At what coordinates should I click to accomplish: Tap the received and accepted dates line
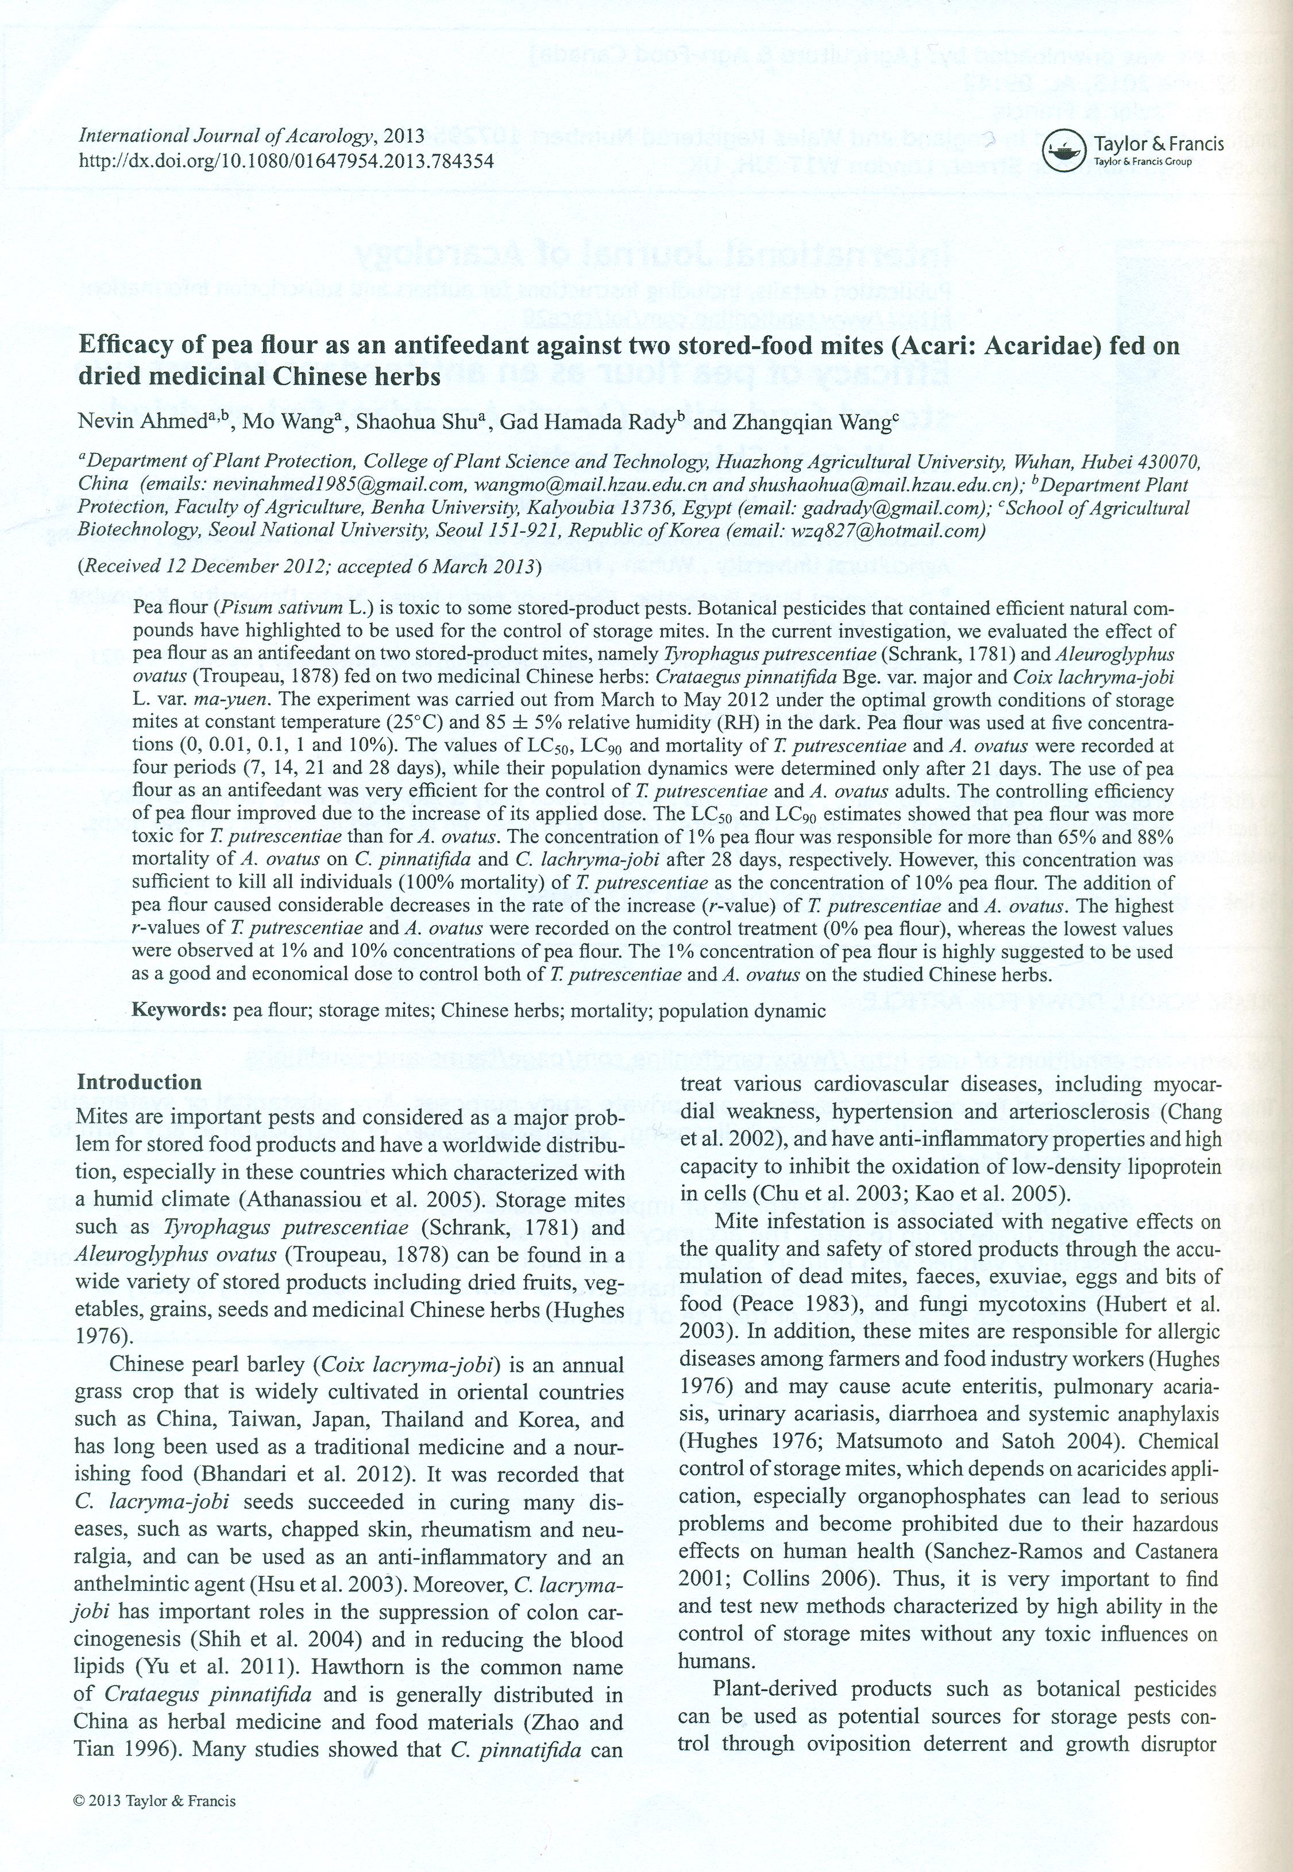[x=308, y=566]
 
